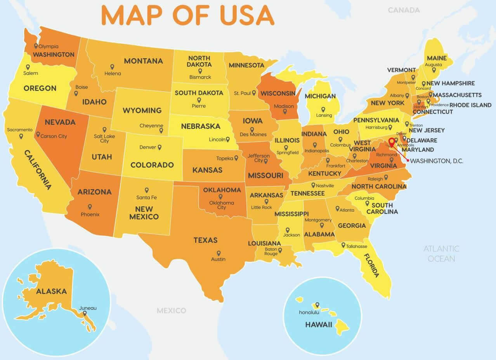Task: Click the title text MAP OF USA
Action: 187,16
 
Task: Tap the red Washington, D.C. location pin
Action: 392,142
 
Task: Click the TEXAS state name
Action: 205,240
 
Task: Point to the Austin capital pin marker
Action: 219,253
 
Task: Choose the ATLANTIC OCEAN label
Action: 441,253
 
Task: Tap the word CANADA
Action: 404,10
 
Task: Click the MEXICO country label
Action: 171,310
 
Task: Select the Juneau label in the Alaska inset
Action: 88,308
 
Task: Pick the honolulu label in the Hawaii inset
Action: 309,312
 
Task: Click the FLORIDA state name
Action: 371,265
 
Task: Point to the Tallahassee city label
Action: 357,246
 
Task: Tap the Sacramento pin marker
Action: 21,136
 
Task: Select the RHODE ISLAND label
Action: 470,105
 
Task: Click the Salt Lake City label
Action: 104,138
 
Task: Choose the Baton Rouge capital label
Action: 271,251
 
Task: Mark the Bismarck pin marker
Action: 200,71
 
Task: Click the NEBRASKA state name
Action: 200,126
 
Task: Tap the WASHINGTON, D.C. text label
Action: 437,161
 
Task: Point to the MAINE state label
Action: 437,58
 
